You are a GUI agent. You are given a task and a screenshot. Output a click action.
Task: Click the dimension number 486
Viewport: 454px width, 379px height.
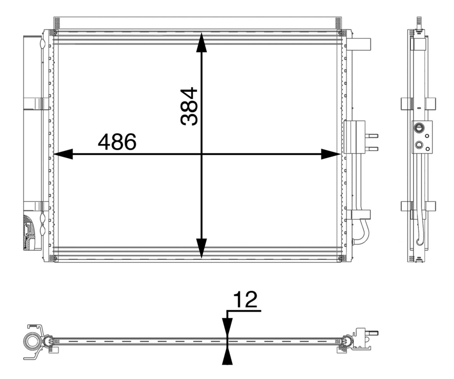tap(117, 142)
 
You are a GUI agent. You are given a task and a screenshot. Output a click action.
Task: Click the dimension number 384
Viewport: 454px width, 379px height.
tap(189, 106)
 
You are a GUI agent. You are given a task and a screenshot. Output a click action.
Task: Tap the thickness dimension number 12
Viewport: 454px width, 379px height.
tap(245, 300)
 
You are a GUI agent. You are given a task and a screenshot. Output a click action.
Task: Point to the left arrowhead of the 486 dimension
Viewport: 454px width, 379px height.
tap(63, 154)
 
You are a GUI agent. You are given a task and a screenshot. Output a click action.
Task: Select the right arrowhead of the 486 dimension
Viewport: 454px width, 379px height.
tap(331, 154)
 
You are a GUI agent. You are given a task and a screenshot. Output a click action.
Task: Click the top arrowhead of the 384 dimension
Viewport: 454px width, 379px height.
tap(201, 43)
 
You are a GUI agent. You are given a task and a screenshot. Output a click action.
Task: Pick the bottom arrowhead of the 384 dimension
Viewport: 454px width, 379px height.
tap(201, 248)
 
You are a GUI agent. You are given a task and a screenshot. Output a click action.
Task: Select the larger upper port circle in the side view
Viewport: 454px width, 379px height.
tap(419, 127)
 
